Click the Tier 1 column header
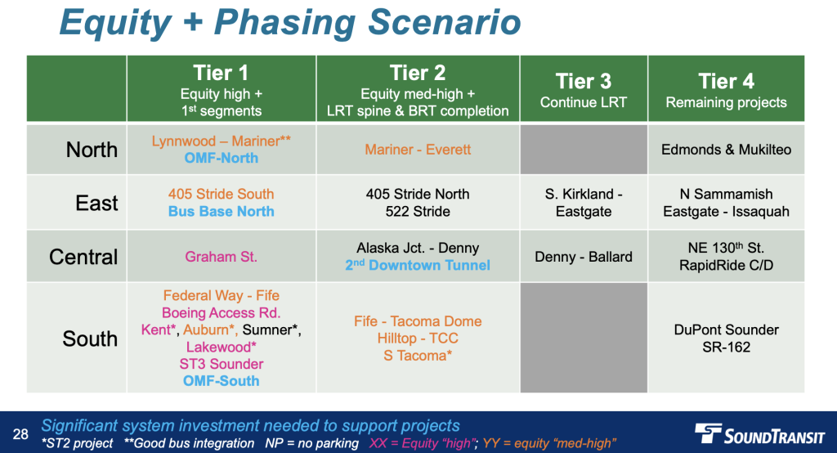coord(221,88)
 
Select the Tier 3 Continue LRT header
coord(584,88)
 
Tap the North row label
coord(92,150)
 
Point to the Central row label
coord(83,257)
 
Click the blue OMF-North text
coord(221,158)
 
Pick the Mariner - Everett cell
coord(418,150)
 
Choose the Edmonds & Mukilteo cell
coord(726,150)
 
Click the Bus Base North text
coord(221,212)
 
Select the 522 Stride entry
coord(418,212)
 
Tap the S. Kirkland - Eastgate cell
coord(584,203)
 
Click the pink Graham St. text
coord(221,257)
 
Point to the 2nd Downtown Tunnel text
coord(418,265)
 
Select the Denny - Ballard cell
coord(584,257)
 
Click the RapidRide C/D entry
coord(726,266)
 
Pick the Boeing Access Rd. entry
coord(221,312)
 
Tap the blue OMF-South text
coord(221,381)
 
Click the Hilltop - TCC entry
coord(418,339)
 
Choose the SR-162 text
coord(726,348)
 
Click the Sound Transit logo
coord(759,433)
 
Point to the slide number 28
coord(20,433)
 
